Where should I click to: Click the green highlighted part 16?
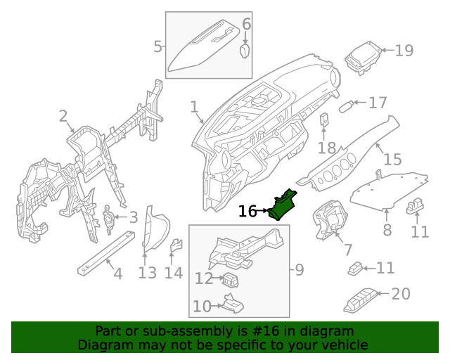pyautogui.click(x=285, y=205)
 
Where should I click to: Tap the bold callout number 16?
pyautogui.click(x=247, y=211)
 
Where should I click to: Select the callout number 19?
pyautogui.click(x=404, y=51)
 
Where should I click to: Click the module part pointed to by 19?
pyautogui.click(x=364, y=56)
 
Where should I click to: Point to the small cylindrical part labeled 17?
pyautogui.click(x=346, y=106)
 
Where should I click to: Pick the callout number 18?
pyautogui.click(x=326, y=148)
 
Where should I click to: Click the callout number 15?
pyautogui.click(x=392, y=160)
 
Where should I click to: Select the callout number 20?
pyautogui.click(x=400, y=294)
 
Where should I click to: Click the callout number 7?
pyautogui.click(x=347, y=250)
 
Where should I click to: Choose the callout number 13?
pyautogui.click(x=147, y=273)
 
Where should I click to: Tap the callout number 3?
pyautogui.click(x=134, y=218)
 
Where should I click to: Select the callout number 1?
pyautogui.click(x=194, y=106)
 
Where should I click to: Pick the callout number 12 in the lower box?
pyautogui.click(x=203, y=279)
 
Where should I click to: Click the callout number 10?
pyautogui.click(x=202, y=307)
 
